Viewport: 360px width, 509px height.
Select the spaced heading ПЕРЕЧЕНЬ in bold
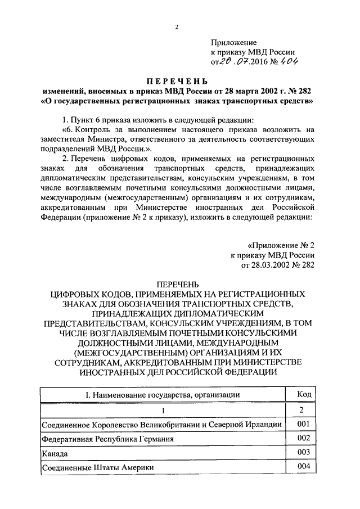click(x=179, y=81)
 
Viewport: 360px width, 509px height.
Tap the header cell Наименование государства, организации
click(x=163, y=395)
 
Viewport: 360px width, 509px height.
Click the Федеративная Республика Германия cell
click(x=107, y=439)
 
